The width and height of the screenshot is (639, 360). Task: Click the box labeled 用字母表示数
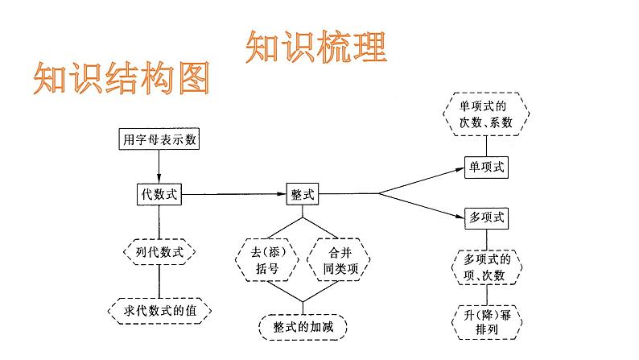coord(159,139)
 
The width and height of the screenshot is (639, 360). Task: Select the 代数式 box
coord(159,193)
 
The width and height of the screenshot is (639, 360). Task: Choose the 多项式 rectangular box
coord(486,217)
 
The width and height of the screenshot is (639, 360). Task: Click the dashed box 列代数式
coord(159,253)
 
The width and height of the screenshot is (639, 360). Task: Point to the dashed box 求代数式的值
coord(159,310)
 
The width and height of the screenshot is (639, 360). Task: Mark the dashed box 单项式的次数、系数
coord(486,114)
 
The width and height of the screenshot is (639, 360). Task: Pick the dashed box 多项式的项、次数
coord(485,267)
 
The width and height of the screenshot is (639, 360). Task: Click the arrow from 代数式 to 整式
coord(233,193)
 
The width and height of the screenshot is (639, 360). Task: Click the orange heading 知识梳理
coord(315,48)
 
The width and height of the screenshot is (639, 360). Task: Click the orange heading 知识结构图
coord(122,79)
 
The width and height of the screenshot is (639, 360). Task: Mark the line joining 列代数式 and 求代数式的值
coord(159,281)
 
